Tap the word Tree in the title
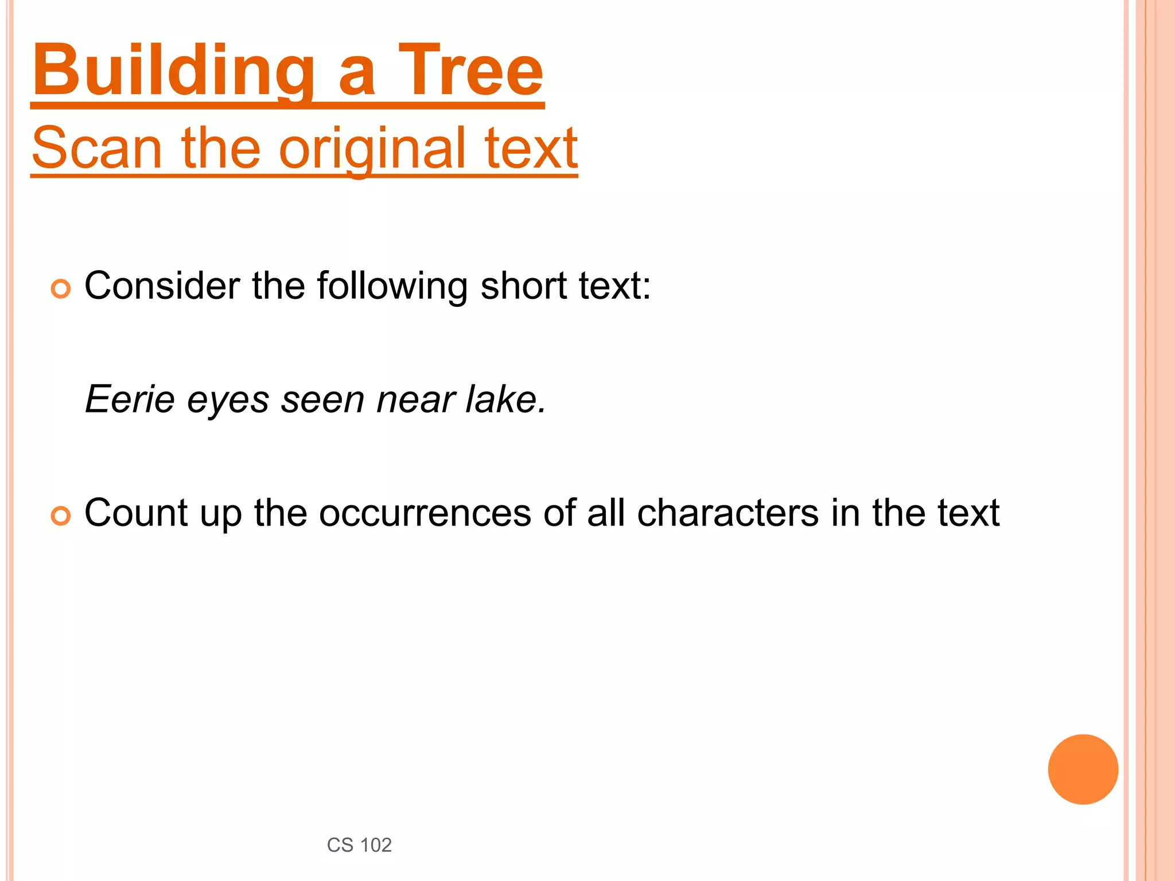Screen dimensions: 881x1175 coord(470,72)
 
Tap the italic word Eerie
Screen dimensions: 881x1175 coord(130,399)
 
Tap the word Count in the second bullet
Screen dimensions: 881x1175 coord(135,513)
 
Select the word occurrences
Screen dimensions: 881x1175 coord(425,513)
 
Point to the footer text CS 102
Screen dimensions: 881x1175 coord(359,845)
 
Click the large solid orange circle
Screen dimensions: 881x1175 coord(1083,769)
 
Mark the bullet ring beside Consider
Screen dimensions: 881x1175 coord(61,289)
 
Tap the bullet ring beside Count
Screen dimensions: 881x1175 coord(61,516)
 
